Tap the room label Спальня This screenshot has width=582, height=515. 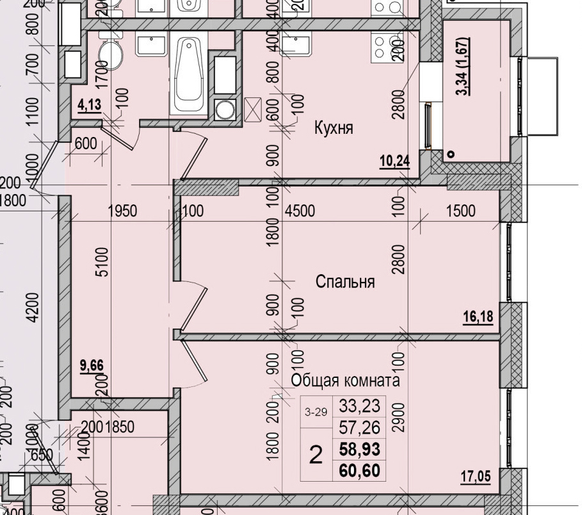coord(345,282)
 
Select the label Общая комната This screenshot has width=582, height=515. coord(345,380)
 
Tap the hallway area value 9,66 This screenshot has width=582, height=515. coord(92,366)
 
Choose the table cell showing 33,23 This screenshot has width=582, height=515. coord(359,405)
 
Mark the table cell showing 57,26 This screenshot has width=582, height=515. coord(359,427)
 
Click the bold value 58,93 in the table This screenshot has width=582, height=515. coord(359,450)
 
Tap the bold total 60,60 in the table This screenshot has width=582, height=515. coord(359,471)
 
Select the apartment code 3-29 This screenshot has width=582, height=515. coord(314,413)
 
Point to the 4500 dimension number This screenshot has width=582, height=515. coord(300,211)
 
